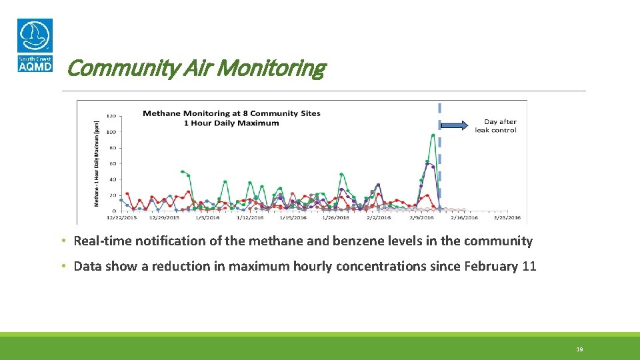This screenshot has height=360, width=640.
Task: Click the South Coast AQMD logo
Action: pos(35,45)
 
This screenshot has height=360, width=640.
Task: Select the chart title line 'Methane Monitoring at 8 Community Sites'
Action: pos(231,113)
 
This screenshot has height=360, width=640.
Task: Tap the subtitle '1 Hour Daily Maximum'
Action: pos(231,123)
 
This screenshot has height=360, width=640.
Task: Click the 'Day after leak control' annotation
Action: pos(496,126)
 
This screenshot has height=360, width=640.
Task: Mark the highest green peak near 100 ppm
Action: pos(433,135)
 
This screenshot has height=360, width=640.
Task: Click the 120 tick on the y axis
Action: pos(111,116)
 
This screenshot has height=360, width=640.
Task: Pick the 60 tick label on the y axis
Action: pos(113,163)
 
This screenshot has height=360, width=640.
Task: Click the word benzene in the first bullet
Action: pos(363,241)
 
